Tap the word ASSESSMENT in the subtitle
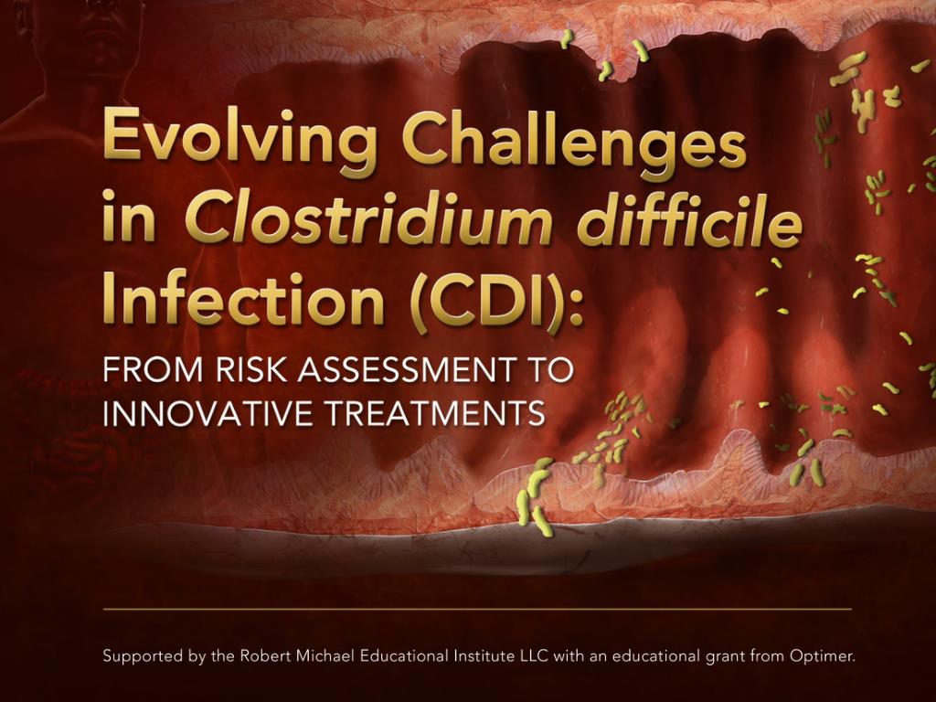coord(406,369)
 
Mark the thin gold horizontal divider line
coord(477,610)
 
